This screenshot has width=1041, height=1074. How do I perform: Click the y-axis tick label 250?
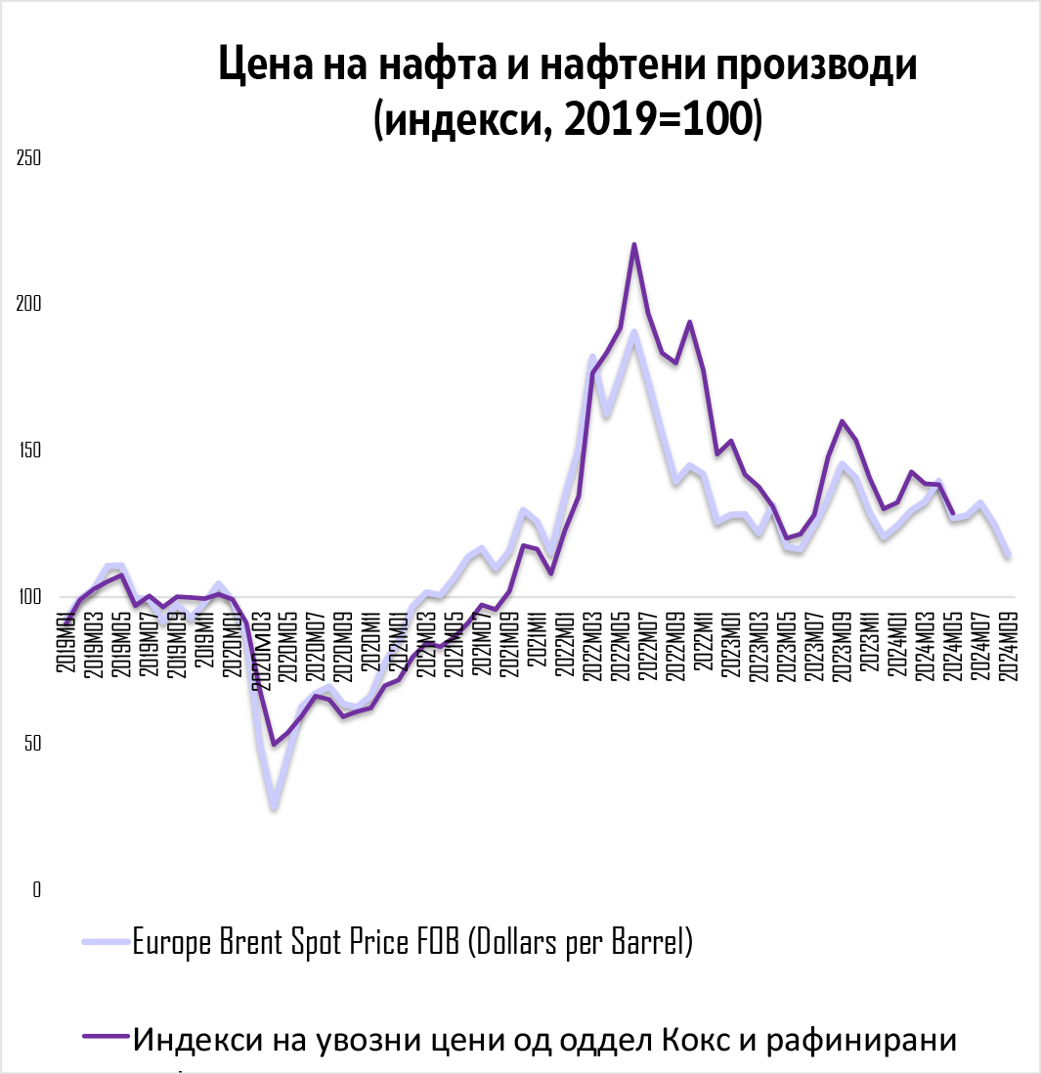pyautogui.click(x=28, y=157)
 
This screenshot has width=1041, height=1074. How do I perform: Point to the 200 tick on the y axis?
pyautogui.click(x=28, y=304)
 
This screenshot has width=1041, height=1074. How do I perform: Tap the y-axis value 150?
pyautogui.click(x=28, y=451)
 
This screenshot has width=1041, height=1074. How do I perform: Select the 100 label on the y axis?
pyautogui.click(x=28, y=597)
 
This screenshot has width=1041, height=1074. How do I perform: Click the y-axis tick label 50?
pyautogui.click(x=32, y=744)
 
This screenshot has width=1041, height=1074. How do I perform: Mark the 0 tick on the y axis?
pyautogui.click(x=36, y=890)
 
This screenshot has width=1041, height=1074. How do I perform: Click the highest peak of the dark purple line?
pyautogui.click(x=634, y=244)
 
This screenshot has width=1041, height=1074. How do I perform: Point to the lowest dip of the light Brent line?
pyautogui.click(x=275, y=807)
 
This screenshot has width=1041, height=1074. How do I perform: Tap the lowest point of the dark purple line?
pyautogui.click(x=275, y=745)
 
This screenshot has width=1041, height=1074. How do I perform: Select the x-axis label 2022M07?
pyautogui.click(x=647, y=641)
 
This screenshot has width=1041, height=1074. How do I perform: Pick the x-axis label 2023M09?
pyautogui.click(x=842, y=641)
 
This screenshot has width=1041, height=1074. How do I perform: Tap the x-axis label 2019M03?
pyautogui.click(x=96, y=641)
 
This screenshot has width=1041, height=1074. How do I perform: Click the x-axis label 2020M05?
pyautogui.click(x=289, y=641)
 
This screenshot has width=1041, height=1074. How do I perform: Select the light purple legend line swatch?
pyautogui.click(x=106, y=942)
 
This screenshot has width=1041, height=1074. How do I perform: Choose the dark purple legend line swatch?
pyautogui.click(x=106, y=1038)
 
